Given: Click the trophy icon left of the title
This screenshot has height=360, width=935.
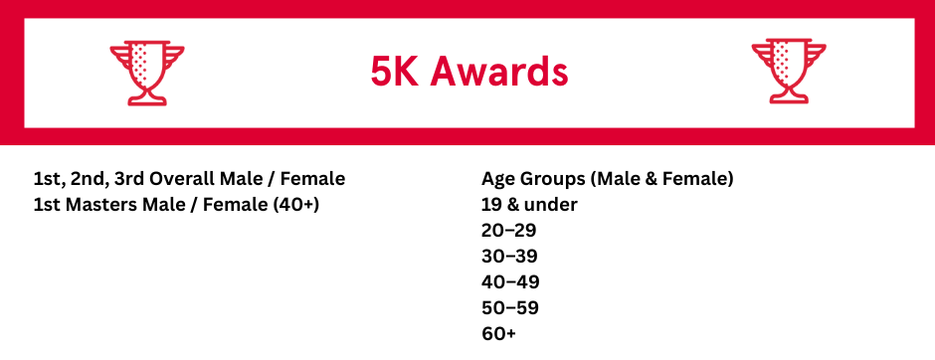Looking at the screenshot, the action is point(147,73).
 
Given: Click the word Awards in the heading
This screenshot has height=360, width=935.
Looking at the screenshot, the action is point(499,73).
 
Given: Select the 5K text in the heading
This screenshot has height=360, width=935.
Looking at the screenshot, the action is point(395,73).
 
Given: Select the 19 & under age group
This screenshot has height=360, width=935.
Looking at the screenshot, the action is point(529,205).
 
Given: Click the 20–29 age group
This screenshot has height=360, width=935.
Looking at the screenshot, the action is point(509,231).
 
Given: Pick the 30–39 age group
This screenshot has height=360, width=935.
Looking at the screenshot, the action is point(509,257).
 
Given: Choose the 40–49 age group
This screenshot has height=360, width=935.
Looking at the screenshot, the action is point(510,281).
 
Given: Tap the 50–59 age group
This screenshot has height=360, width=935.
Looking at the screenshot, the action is point(510,308).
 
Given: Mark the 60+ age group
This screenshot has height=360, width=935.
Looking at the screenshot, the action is point(498,334).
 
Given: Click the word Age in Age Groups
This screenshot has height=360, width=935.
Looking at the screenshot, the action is point(496,180).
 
